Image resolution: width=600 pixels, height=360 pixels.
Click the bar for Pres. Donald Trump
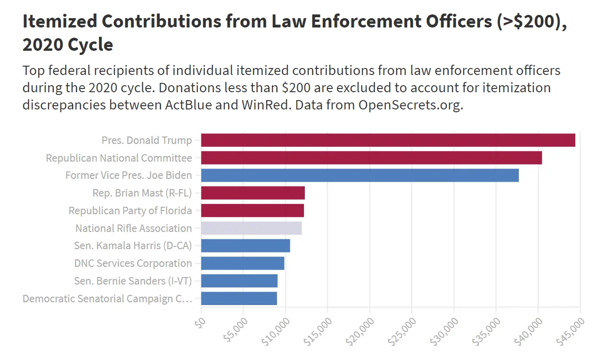pos(388,140)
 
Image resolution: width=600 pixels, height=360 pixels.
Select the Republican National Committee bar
pos(371,158)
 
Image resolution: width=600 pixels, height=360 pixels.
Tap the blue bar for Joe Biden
pos(359,176)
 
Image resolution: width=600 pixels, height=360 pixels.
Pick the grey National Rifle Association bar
pos(251,228)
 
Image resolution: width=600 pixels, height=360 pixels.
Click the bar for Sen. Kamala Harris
pos(245,246)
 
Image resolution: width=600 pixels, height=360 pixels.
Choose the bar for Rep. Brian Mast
pos(253,193)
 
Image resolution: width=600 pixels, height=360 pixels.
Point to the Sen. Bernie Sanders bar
pos(239,281)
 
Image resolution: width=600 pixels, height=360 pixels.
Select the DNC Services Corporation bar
pos(242,263)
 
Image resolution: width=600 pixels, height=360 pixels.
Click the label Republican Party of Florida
pos(130,211)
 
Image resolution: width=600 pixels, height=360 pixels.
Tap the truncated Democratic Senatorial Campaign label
pos(107,299)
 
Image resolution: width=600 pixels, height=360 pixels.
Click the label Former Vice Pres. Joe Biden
pos(128,176)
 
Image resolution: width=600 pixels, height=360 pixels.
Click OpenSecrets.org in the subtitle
pos(410,105)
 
